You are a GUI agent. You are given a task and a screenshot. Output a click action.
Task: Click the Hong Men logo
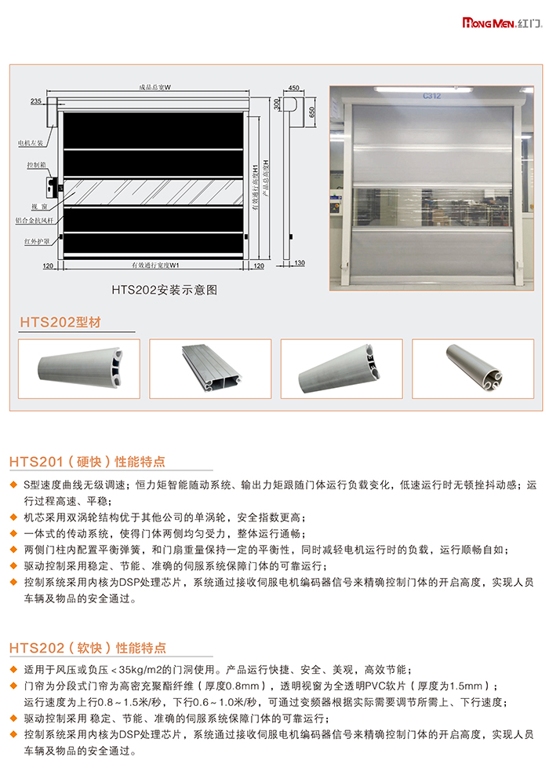502,23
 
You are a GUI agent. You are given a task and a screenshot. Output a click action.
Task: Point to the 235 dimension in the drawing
36,101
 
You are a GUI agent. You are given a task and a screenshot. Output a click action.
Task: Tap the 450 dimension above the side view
294,88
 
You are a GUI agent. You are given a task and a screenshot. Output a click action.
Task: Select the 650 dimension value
311,112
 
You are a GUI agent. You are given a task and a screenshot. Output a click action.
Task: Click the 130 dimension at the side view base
300,263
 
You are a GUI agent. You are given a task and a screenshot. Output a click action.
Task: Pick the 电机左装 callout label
31,143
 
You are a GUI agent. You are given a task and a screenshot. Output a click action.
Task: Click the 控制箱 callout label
36,165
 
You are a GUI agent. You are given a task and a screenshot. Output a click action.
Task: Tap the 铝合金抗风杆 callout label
35,221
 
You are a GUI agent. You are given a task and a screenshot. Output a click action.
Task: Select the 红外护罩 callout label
37,242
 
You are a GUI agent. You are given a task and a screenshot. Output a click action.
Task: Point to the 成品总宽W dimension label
155,87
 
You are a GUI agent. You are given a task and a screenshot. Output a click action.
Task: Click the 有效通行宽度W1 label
155,265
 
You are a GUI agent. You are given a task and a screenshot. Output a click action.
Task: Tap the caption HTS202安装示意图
164,290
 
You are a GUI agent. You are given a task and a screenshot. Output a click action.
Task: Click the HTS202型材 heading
60,322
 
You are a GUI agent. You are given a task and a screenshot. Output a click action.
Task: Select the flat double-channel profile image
210,368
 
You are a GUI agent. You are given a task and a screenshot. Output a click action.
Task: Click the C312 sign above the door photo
431,96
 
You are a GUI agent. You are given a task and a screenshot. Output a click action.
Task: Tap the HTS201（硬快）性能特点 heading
87,462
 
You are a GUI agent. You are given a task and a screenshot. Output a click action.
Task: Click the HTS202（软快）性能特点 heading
88,648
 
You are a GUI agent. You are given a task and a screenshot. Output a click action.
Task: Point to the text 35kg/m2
140,670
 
